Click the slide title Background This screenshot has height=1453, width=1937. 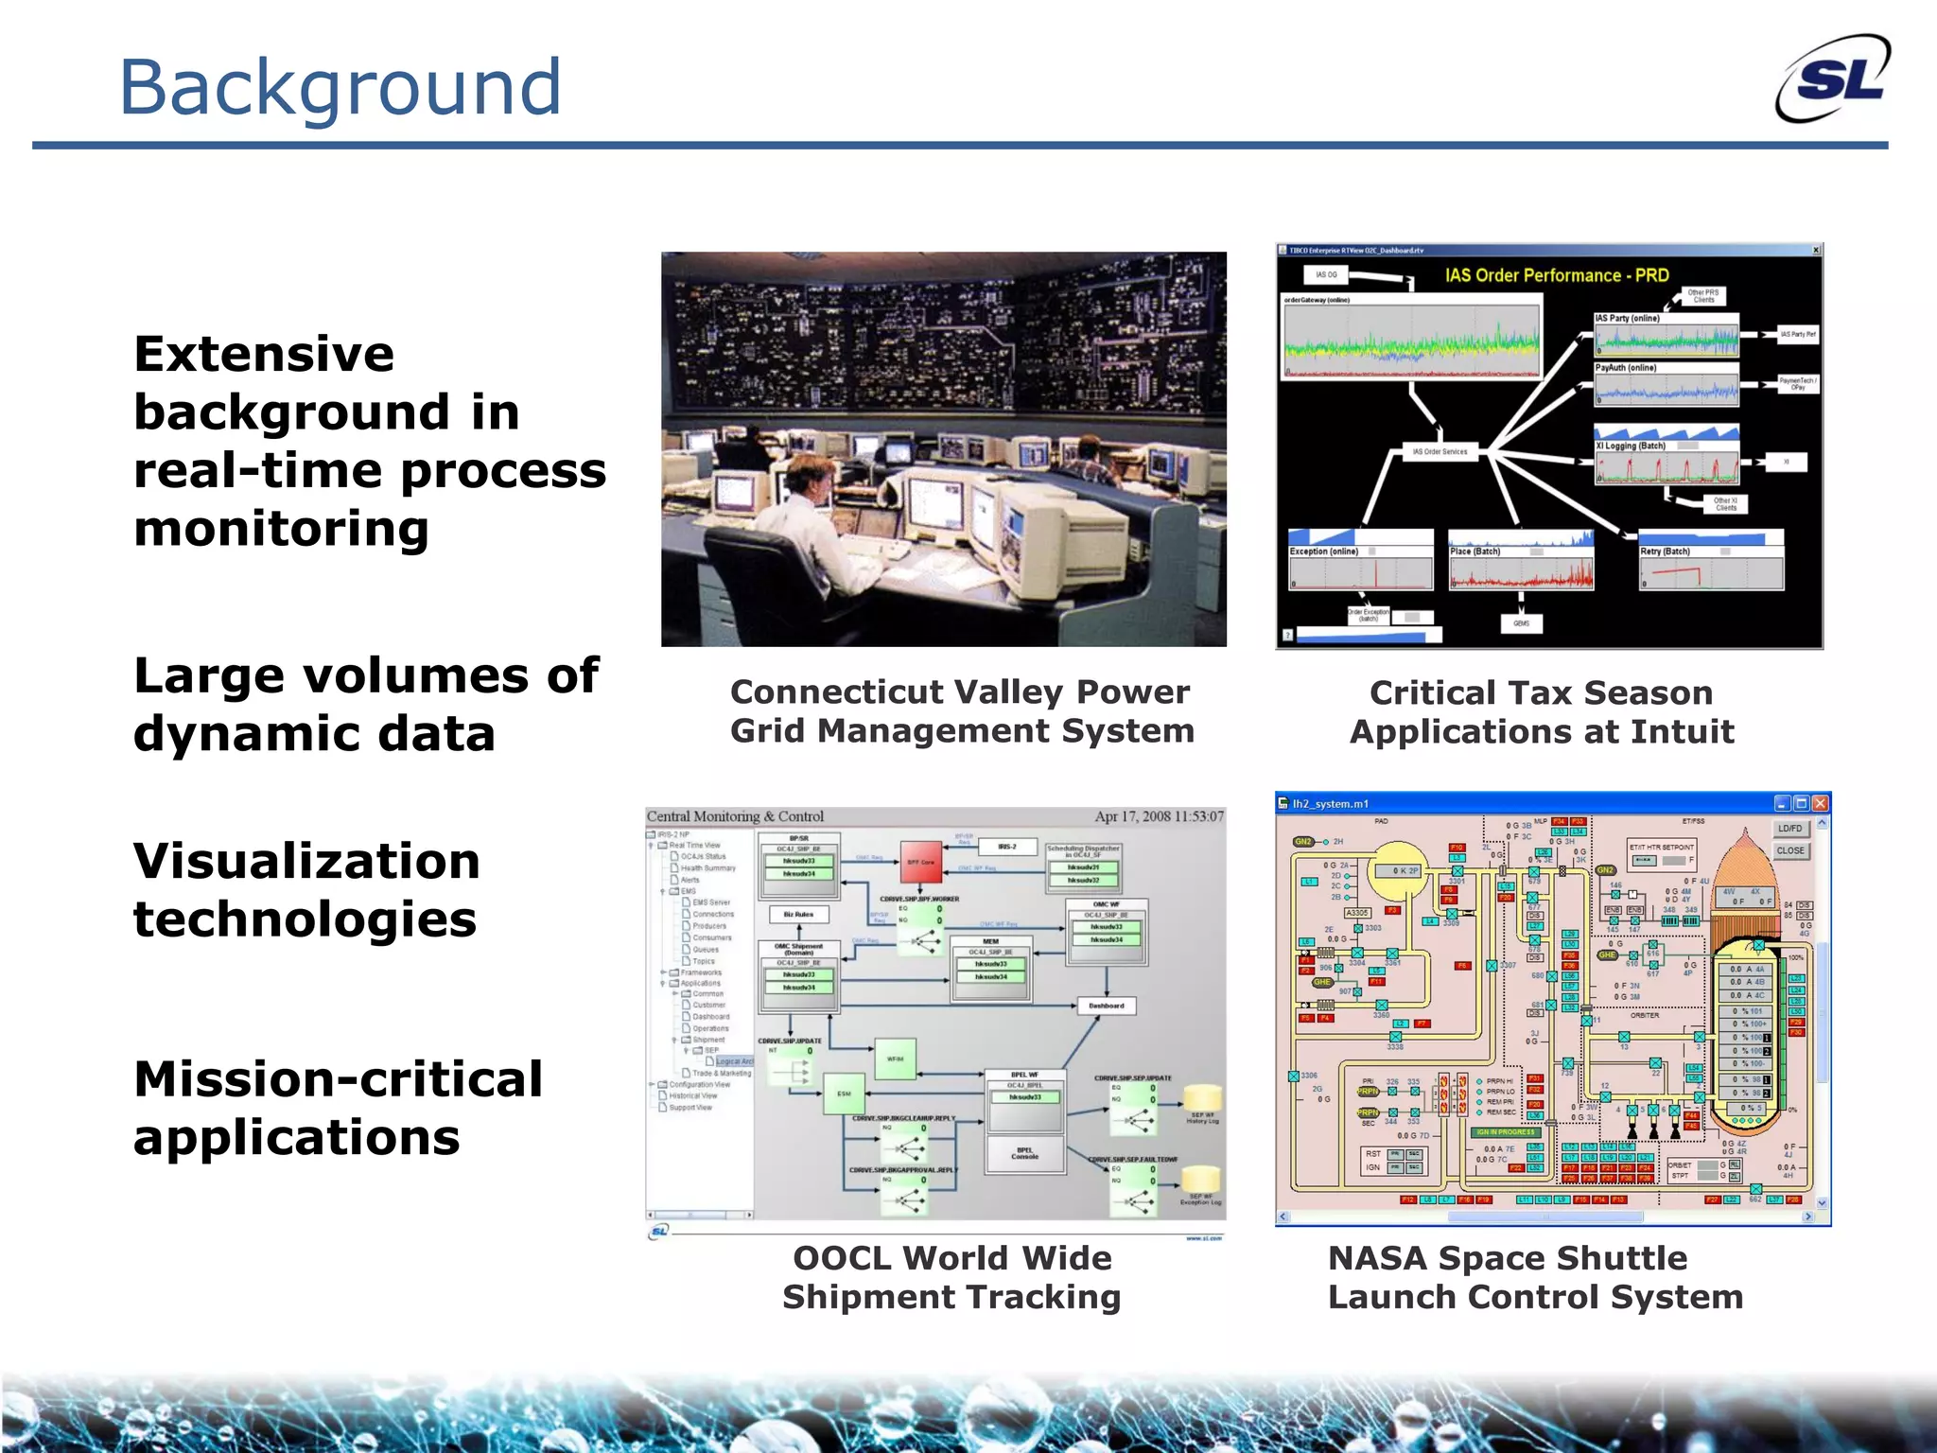[340, 87]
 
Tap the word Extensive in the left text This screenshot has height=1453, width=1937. [264, 355]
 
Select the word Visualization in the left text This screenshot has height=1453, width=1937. [306, 862]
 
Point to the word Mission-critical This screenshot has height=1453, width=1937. [338, 1079]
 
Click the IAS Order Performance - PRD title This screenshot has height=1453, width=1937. [1556, 275]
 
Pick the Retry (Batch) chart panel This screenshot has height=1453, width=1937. [1711, 566]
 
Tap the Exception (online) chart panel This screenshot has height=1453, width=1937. [1360, 566]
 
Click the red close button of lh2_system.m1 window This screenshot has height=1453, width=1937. [1820, 803]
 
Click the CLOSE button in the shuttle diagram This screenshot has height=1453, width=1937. [1789, 850]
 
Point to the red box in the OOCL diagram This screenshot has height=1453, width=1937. [920, 862]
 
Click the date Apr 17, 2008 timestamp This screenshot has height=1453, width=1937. [1159, 816]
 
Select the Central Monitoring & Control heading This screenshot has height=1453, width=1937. [735, 816]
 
